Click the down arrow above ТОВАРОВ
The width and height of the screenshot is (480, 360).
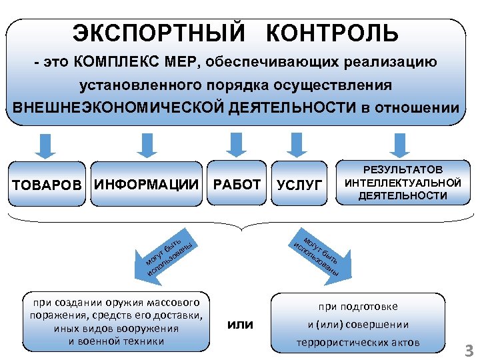43,145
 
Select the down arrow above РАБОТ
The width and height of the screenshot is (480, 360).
235,145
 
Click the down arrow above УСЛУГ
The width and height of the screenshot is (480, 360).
297,145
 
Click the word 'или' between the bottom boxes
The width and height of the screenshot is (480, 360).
241,325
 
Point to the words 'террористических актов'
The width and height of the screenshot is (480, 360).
358,343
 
